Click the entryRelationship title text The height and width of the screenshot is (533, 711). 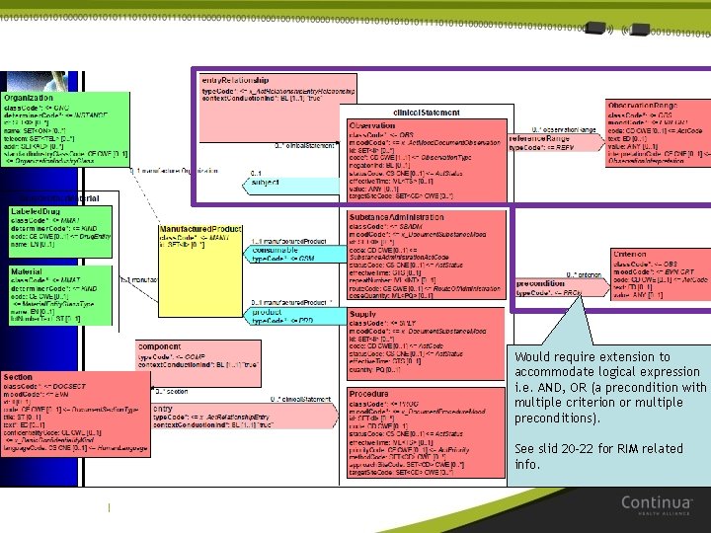(x=234, y=78)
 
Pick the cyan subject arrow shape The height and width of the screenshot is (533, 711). (x=271, y=182)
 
